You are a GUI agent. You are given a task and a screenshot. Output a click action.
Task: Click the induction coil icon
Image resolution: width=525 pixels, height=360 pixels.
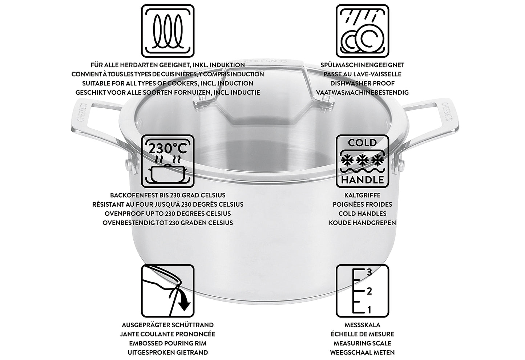[167, 31]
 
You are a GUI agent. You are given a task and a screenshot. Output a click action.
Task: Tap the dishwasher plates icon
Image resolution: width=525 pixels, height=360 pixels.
[362, 31]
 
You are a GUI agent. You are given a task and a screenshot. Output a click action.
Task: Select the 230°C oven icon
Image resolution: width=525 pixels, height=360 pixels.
[167, 161]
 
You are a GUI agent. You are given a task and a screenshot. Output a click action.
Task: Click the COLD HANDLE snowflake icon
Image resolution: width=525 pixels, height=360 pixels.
[362, 161]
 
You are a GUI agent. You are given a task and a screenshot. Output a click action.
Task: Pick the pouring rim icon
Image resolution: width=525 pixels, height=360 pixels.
[167, 291]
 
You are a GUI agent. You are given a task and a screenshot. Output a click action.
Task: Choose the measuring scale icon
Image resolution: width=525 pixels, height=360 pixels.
[362, 291]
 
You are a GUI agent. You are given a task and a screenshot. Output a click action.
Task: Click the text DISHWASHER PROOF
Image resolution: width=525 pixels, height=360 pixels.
[362, 83]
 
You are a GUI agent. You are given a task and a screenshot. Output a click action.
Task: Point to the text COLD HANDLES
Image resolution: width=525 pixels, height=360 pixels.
[362, 214]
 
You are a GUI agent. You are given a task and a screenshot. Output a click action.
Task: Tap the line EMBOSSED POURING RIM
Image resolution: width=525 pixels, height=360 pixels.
[167, 343]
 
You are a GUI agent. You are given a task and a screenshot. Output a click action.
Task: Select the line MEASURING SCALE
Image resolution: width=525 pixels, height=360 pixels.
[362, 343]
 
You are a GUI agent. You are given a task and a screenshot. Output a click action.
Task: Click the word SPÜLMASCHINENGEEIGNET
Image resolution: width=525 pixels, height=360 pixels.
[362, 65]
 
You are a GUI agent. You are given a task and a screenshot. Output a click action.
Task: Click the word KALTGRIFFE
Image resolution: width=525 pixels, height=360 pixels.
[362, 195]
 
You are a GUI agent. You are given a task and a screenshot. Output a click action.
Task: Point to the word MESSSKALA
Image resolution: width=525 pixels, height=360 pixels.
[362, 325]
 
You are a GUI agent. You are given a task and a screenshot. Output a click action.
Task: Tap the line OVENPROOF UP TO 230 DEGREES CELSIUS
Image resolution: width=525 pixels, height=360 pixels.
[167, 214]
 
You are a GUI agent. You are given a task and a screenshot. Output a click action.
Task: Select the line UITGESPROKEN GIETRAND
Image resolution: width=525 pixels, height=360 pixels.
[167, 352]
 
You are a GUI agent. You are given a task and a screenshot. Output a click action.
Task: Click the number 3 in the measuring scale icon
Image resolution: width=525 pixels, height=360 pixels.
[369, 272]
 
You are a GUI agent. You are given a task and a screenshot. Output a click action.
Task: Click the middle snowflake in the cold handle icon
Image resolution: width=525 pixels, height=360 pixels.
[362, 160]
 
